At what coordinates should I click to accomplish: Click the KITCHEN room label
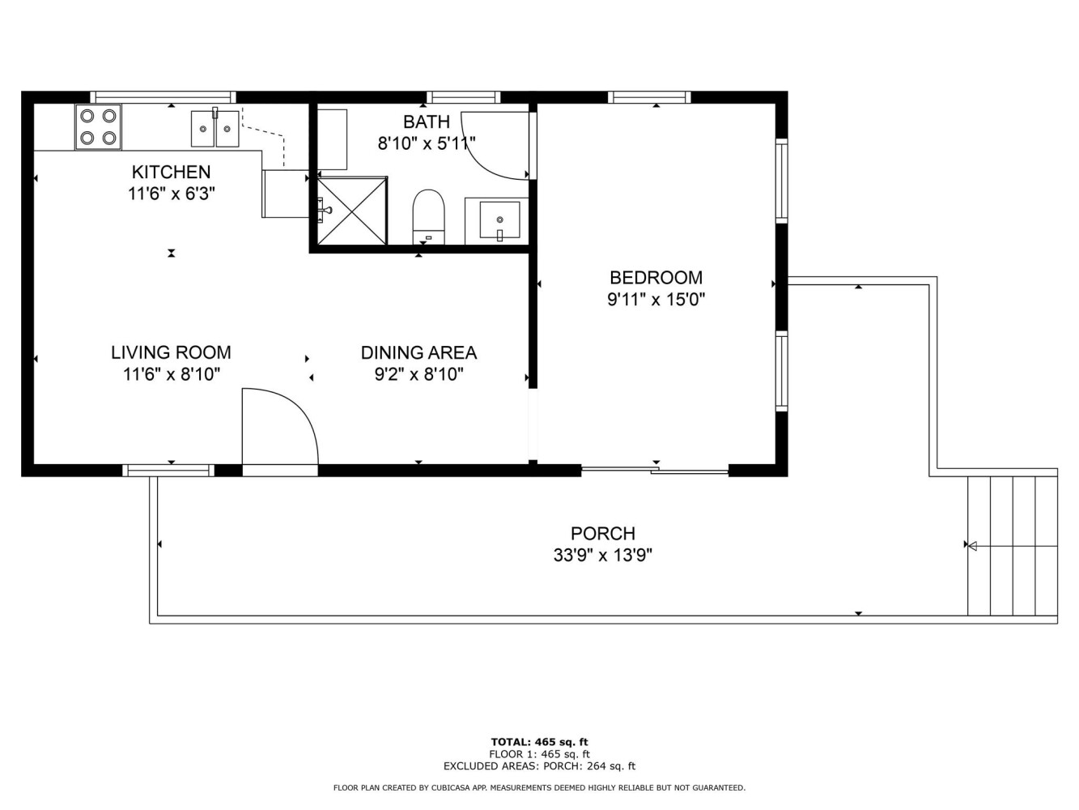(171, 173)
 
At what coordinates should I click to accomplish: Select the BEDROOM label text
(656, 278)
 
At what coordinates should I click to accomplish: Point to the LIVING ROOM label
(171, 352)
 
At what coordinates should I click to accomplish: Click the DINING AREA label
(418, 352)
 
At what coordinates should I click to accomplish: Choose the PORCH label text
(603, 534)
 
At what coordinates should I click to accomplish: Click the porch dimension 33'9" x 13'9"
(603, 556)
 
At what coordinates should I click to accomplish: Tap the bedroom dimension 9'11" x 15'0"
(656, 300)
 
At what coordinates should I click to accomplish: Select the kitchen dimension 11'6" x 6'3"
(171, 194)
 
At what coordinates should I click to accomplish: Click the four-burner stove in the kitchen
(98, 127)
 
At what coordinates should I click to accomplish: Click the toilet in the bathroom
(429, 217)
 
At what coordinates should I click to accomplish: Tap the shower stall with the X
(352, 211)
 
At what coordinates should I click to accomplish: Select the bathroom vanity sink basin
(500, 220)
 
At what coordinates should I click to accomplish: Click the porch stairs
(1013, 546)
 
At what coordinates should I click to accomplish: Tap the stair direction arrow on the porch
(1013, 546)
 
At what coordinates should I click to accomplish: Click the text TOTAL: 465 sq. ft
(539, 742)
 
